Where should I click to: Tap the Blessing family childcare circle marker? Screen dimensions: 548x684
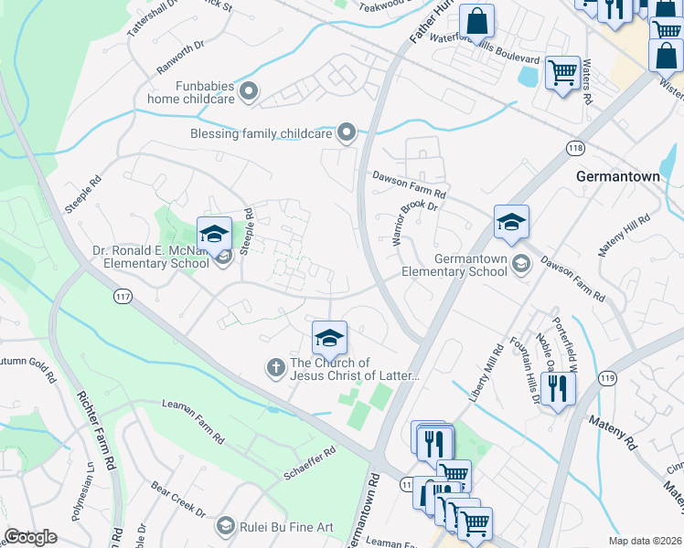pos(347,134)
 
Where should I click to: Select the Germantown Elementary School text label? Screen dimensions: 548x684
pos(455,265)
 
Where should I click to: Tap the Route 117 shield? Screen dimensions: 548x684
pos(122,296)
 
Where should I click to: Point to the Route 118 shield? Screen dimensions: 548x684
pos(575,148)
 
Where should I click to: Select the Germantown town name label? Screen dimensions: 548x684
pos(617,176)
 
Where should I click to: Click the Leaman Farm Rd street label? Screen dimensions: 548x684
pos(192,422)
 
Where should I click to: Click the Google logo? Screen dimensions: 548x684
pos(30,537)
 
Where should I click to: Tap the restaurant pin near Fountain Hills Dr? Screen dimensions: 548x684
pos(556,390)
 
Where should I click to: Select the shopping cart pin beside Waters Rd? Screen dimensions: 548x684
pos(561,72)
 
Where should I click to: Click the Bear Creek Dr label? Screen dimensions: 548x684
pos(178,501)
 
